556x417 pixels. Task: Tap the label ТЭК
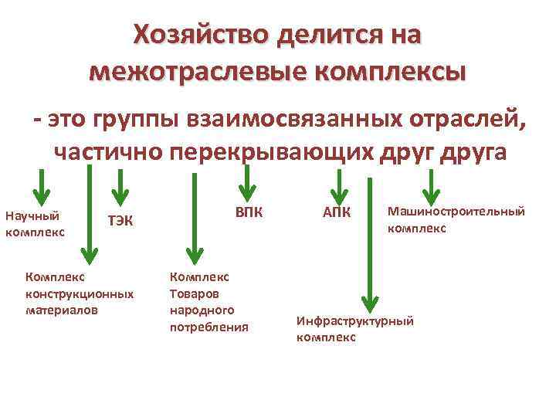(x=120, y=222)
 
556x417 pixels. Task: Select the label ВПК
(x=249, y=213)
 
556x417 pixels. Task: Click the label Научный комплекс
(x=35, y=222)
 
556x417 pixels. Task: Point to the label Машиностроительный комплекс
(x=456, y=219)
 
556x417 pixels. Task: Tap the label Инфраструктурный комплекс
(x=355, y=328)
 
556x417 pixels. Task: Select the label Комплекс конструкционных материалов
(x=79, y=293)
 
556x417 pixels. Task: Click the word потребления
(x=209, y=327)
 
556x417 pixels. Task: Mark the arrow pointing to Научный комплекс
(x=43, y=185)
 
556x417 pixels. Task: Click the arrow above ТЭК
(x=119, y=185)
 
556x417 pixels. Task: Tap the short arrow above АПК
(x=337, y=185)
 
